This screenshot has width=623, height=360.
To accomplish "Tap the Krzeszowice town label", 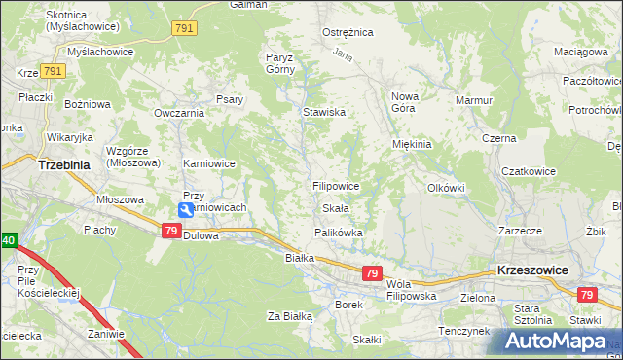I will [531, 269].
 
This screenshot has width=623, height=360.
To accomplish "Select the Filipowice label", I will [336, 185].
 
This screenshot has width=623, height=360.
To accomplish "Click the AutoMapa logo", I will [555, 342].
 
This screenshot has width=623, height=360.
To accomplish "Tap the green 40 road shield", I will [9, 239].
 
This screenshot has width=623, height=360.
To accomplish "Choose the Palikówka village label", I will [338, 233].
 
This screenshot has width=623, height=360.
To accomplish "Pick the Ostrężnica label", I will [348, 32].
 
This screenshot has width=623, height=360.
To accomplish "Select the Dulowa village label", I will [202, 234].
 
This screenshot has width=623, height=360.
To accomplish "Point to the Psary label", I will [230, 99].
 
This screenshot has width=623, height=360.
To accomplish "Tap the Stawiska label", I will [324, 112].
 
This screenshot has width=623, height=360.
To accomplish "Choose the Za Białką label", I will [289, 315].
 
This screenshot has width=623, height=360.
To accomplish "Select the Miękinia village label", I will [411, 144].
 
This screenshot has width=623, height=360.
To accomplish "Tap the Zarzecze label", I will [519, 232].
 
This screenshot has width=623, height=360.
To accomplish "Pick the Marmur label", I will [474, 99].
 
